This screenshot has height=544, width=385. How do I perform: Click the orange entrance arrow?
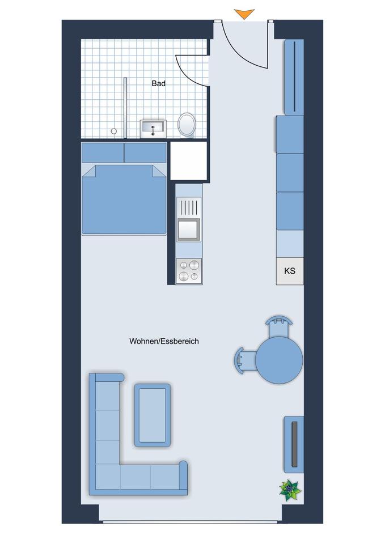coord(244,14)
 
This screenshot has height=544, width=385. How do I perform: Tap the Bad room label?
coord(159,83)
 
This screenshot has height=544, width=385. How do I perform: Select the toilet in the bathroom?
coord(187,124)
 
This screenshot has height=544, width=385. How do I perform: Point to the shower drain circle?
coord(113,131)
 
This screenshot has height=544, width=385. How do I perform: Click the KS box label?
coord(290,271)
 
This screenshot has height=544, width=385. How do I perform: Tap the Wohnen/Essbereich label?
coord(164,341)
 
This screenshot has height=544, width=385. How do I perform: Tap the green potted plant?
coord(290,488)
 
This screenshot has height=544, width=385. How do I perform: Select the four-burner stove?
coord(189,271)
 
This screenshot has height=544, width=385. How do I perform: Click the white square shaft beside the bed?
coord(188,160)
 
